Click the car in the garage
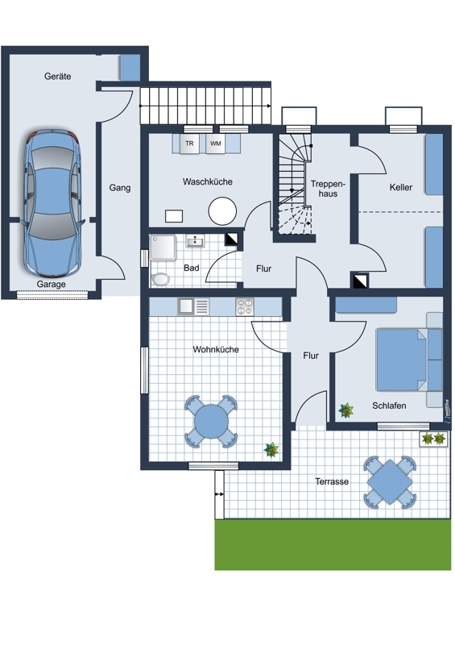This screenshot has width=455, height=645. (x=53, y=203)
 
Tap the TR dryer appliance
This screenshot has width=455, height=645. (x=189, y=144)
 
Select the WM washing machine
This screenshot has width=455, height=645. (x=215, y=144)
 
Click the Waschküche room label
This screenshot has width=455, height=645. (x=208, y=181)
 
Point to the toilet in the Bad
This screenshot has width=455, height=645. (x=161, y=279)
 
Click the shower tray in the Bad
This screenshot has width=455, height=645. (x=163, y=248)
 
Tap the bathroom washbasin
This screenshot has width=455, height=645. (x=195, y=241)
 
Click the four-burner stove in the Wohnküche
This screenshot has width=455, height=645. (x=245, y=306)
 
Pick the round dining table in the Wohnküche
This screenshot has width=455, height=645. (x=211, y=421)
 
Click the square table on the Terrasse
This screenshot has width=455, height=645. (x=390, y=481)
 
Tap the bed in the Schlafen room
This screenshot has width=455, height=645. (x=402, y=360)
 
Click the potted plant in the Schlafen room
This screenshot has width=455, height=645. (x=346, y=410)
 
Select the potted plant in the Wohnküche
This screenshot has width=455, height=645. (x=271, y=450)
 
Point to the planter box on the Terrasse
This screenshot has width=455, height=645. (x=433, y=439)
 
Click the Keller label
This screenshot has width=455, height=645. (x=401, y=188)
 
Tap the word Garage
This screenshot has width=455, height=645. (x=51, y=285)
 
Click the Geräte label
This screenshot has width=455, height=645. (x=57, y=76)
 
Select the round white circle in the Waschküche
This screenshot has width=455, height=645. (x=222, y=211)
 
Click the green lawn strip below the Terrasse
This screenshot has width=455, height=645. (x=333, y=545)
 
